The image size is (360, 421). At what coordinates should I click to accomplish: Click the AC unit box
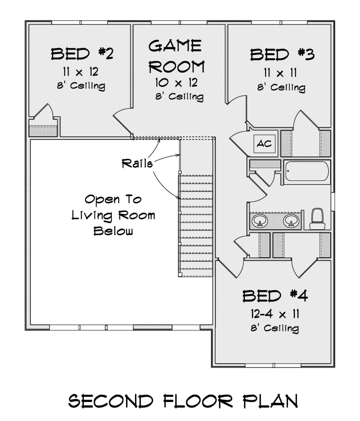tap(264, 144)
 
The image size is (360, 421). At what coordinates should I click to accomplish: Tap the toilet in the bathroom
tap(317, 219)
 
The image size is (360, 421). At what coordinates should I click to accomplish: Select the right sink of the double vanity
tap(291, 221)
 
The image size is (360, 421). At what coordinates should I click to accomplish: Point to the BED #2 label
tap(82, 54)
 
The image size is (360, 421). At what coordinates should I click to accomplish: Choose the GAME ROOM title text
tap(176, 56)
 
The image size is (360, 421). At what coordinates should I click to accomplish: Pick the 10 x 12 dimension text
tap(176, 83)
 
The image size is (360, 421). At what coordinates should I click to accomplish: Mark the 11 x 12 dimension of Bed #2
tap(80, 72)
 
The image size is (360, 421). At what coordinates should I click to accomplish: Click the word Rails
tap(137, 163)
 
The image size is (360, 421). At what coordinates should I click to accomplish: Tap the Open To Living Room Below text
tap(113, 215)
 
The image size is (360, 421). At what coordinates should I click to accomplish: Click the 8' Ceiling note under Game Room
tap(179, 96)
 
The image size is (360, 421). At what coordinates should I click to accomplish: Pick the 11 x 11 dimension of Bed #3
tap(280, 73)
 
